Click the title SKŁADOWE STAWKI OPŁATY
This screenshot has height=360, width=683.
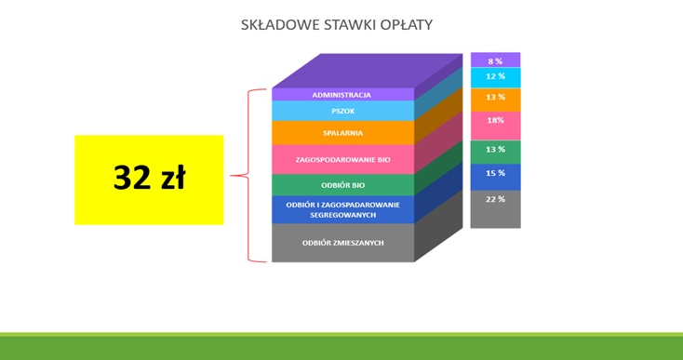(x=336, y=24)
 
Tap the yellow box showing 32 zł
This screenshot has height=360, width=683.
(x=149, y=179)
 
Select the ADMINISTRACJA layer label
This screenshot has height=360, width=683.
(x=341, y=95)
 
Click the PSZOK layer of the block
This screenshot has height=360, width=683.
(x=341, y=111)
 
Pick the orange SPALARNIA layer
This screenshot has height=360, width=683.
(x=341, y=133)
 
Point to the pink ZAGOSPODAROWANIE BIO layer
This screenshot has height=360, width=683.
(x=341, y=159)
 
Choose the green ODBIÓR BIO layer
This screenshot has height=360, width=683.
(x=341, y=185)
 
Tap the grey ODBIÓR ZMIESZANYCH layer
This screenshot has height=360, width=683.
(x=341, y=243)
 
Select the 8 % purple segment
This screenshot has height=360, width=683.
(x=495, y=60)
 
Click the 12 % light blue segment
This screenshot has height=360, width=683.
(x=495, y=77)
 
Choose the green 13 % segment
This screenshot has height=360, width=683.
(x=495, y=151)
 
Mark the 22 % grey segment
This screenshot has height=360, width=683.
(x=495, y=208)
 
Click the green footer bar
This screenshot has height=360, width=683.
(x=341, y=347)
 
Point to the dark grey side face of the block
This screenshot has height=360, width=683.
(x=438, y=232)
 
